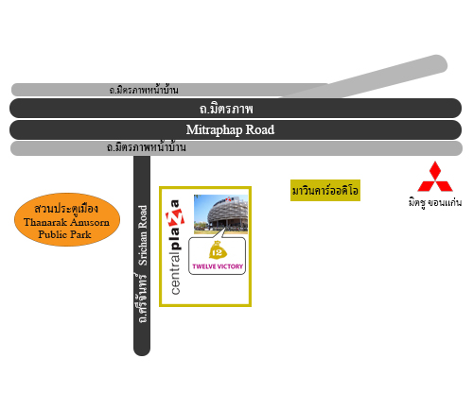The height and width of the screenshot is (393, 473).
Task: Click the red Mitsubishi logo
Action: click(435, 177)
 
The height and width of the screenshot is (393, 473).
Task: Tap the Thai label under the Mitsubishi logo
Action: click(435, 202)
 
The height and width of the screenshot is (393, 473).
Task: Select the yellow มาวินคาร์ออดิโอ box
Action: click(325, 190)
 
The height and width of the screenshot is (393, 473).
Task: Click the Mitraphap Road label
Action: click(230, 129)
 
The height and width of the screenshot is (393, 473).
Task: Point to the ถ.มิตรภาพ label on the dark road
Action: click(226, 109)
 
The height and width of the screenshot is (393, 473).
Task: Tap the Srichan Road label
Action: click(143, 235)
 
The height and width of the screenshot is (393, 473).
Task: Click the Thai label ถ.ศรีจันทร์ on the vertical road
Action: click(142, 298)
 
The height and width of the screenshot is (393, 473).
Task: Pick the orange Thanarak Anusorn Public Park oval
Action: click(67, 219)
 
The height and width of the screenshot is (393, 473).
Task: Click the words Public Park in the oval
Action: click(64, 234)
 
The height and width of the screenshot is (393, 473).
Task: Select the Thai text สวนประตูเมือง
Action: click(66, 209)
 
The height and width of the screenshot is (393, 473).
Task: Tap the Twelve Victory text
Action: click(218, 266)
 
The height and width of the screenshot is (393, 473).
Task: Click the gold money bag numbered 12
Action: click(218, 250)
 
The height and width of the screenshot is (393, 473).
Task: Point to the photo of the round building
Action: click(220, 214)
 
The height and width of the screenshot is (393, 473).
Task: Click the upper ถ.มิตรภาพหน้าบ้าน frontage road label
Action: click(144, 90)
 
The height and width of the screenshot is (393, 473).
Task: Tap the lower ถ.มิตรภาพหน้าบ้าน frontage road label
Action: click(146, 147)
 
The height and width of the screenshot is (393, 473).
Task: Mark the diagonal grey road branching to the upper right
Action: click(362, 78)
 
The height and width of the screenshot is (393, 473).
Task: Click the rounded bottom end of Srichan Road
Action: click(142, 351)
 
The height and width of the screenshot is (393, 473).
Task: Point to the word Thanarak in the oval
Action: click(45, 222)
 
